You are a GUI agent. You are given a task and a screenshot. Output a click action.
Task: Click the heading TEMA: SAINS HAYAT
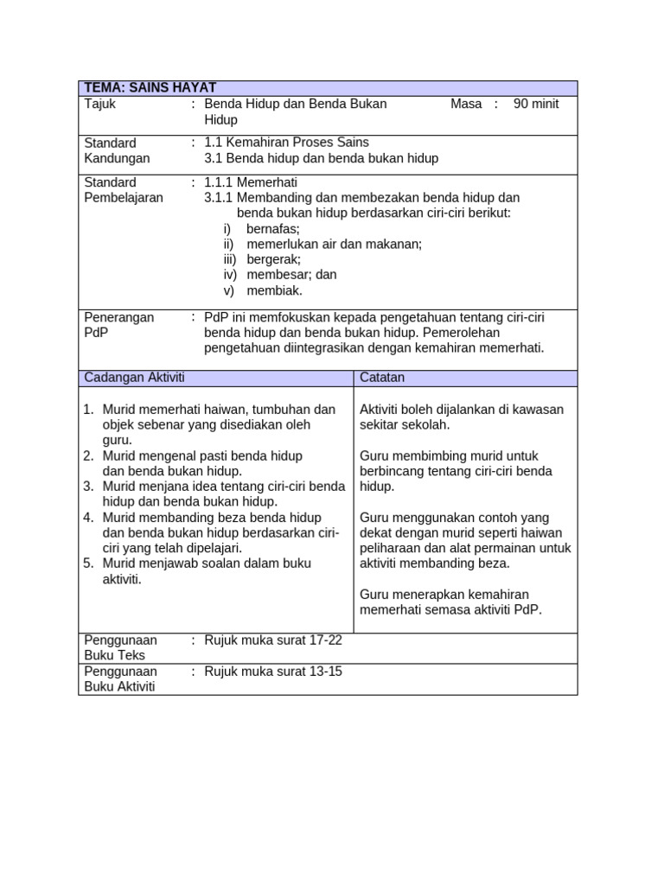click(x=150, y=88)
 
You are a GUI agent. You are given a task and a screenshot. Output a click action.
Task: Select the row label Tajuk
click(x=99, y=104)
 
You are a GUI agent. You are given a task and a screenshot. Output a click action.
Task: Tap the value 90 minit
click(x=536, y=104)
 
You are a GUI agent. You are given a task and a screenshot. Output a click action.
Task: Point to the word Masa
click(x=466, y=104)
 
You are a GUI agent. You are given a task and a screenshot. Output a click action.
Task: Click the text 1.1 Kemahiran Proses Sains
click(x=286, y=143)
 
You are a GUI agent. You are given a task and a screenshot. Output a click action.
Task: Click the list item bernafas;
click(x=273, y=229)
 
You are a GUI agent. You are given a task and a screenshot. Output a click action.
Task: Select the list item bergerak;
click(x=273, y=259)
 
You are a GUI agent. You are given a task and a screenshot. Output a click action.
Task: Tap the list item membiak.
click(x=270, y=290)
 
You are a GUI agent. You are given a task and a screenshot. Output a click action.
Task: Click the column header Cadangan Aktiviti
click(x=134, y=378)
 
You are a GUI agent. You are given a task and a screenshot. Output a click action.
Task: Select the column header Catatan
click(x=382, y=378)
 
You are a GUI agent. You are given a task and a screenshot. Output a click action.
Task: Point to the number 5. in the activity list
click(x=88, y=563)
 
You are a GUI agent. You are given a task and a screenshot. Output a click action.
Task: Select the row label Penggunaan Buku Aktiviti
click(x=120, y=679)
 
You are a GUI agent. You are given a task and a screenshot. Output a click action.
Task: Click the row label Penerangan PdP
click(x=118, y=325)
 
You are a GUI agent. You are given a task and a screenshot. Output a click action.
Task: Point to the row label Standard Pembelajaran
click(x=123, y=190)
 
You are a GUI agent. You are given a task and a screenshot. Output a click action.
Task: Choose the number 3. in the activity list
click(x=88, y=487)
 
